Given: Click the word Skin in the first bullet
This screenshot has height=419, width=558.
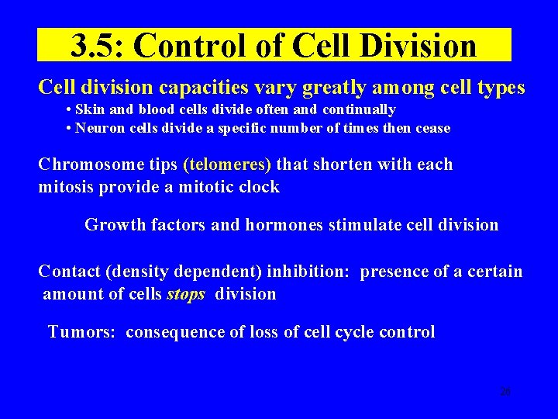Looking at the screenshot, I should click(x=89, y=109).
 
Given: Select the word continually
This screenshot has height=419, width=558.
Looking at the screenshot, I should click(x=359, y=109).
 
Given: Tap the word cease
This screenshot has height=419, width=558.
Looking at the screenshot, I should click(x=432, y=128).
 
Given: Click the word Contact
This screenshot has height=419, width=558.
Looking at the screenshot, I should click(x=69, y=272).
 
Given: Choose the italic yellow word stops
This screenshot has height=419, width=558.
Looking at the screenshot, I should click(x=186, y=294).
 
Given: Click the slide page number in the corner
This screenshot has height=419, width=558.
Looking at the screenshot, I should click(x=505, y=392).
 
